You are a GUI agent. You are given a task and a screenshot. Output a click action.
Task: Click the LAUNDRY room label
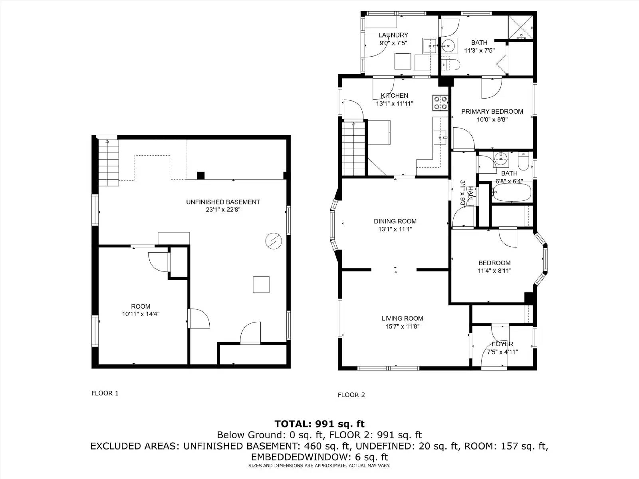click(x=393, y=35)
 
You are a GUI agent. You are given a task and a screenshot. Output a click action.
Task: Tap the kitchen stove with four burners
click(x=440, y=103)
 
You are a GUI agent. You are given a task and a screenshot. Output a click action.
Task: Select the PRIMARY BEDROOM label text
click(x=492, y=111)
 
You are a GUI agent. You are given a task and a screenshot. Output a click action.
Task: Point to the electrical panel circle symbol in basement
click(x=274, y=241)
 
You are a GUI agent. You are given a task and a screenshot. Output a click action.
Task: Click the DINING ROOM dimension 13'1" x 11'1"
click(x=395, y=229)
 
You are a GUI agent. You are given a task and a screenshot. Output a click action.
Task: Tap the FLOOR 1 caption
click(x=105, y=393)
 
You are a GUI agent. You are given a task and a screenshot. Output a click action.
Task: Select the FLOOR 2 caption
click(x=351, y=395)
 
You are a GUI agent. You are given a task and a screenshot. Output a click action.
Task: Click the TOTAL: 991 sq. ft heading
click(x=319, y=424)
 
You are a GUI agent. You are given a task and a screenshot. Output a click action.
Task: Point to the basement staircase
click(x=109, y=162)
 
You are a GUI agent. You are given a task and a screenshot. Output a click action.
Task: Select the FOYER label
click(x=502, y=344)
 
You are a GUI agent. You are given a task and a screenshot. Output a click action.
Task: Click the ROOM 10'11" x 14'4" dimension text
click(x=141, y=314)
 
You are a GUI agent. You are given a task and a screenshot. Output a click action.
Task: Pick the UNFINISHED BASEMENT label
click(x=223, y=202)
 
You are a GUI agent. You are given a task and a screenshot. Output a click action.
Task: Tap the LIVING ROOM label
click(x=402, y=318)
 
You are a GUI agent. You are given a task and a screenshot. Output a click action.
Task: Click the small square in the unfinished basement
click(x=261, y=285)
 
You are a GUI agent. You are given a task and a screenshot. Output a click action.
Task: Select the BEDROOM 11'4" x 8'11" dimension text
click(x=494, y=271)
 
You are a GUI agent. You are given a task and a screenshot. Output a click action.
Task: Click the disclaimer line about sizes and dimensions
click(x=319, y=465)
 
